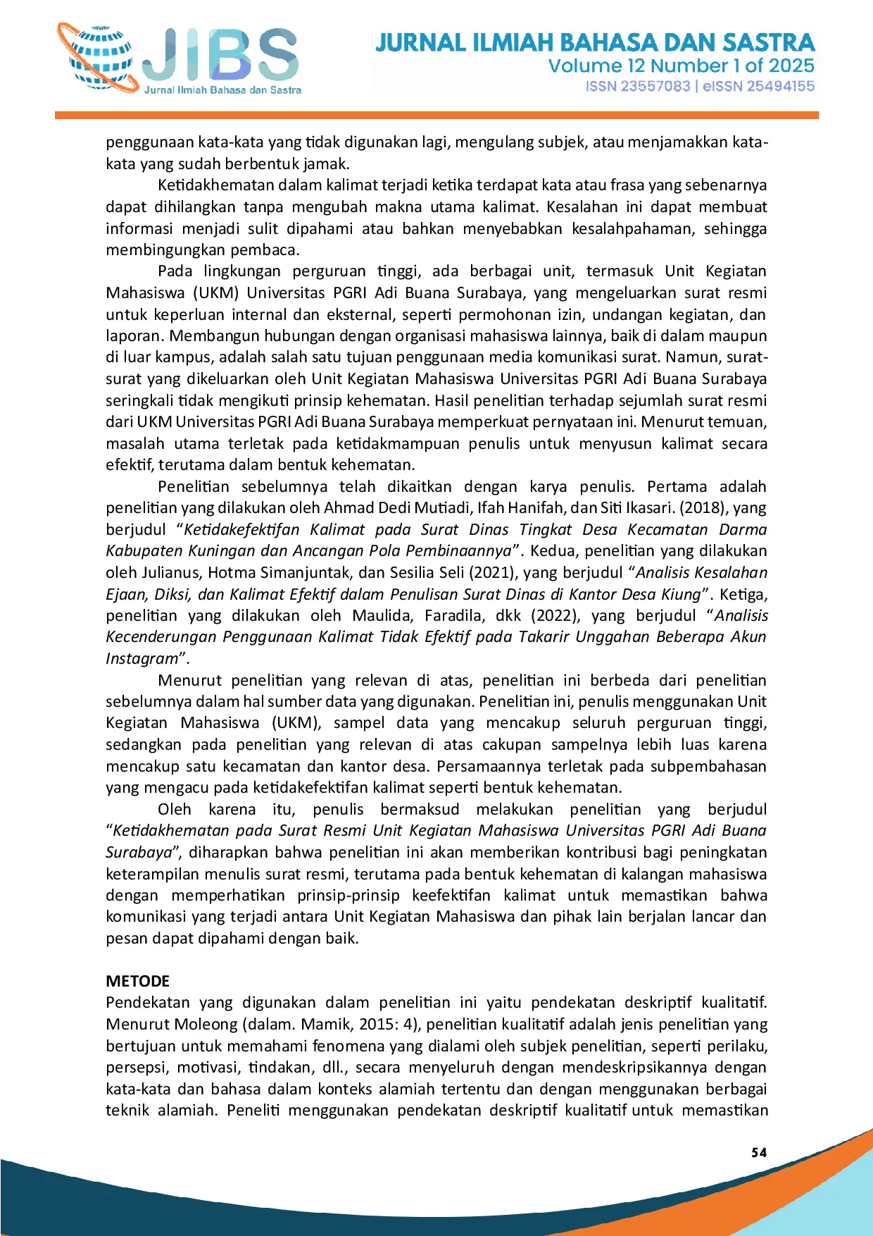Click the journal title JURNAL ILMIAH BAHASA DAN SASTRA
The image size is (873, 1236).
click(x=595, y=42)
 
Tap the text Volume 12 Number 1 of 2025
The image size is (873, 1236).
click(x=681, y=66)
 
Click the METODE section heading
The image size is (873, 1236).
click(x=138, y=981)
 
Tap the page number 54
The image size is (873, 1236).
click(x=759, y=1153)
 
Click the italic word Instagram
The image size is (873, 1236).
click(x=142, y=659)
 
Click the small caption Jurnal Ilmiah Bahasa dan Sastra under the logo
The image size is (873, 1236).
click(x=222, y=90)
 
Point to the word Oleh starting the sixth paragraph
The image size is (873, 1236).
click(x=174, y=810)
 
